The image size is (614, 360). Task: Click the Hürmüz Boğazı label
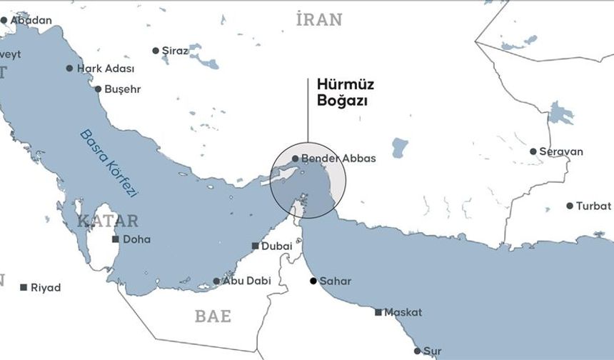[x=346, y=93]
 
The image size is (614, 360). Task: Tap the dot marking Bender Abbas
[x=296, y=159]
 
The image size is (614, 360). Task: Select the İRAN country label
[x=319, y=20]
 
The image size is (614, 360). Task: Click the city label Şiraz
[x=176, y=51]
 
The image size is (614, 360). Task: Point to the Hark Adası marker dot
[x=69, y=69]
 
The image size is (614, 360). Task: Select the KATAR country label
[x=108, y=220]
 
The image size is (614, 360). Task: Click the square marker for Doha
[x=116, y=239]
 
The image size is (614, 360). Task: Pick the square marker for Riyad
[x=24, y=287]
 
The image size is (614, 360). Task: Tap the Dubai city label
[x=277, y=246]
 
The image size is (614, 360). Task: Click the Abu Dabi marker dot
[x=217, y=281]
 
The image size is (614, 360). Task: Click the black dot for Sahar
[x=313, y=281]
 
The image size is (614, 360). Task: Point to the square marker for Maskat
[x=378, y=312]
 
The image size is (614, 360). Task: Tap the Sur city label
[x=433, y=351]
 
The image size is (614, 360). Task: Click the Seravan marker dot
[x=533, y=151]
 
